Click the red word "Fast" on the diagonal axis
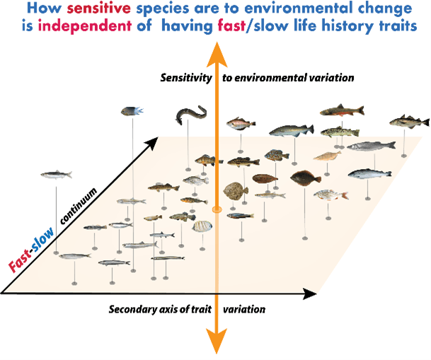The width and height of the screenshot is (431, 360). (x=21, y=263)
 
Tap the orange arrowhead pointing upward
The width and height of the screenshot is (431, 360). (x=215, y=44)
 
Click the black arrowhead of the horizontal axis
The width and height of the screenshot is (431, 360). (x=309, y=293)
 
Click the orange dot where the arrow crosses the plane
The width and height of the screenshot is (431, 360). (x=217, y=210)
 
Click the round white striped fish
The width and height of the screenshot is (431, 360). (x=202, y=227)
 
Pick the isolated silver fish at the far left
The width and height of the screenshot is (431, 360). (x=56, y=174)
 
